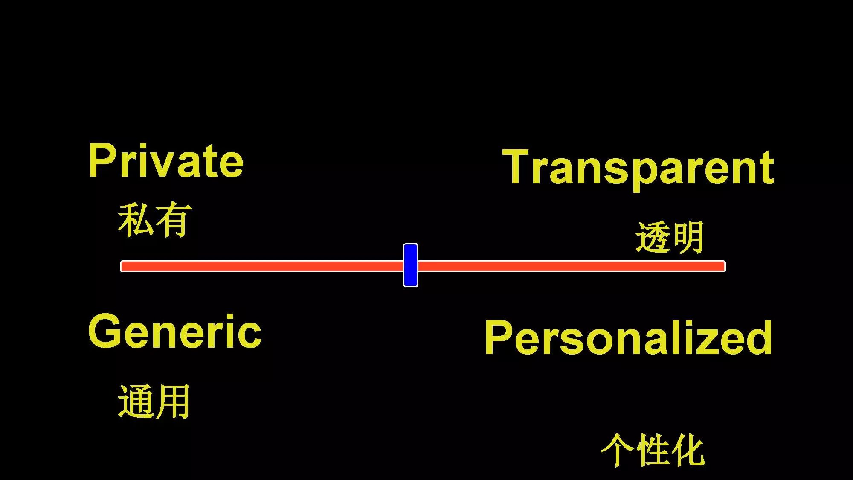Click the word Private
[165, 161]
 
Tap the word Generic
[174, 332]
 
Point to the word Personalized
[628, 338]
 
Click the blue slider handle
[410, 265]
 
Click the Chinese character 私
[136, 220]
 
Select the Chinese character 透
[653, 238]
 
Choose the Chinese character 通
[136, 401]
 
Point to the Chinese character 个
[617, 450]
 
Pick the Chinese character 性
[653, 450]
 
